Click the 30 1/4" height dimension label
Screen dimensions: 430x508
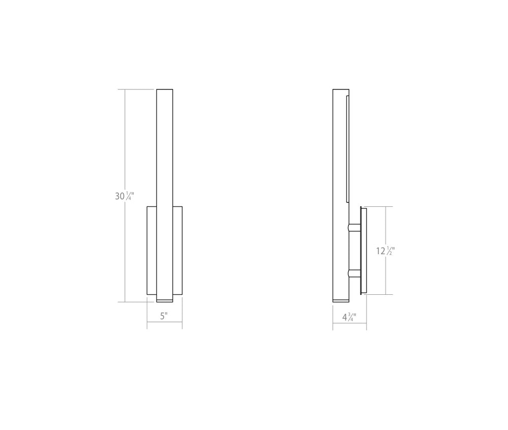[x=124, y=196]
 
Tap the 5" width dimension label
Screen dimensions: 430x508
[x=164, y=316]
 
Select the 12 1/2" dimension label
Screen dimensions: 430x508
[x=386, y=251]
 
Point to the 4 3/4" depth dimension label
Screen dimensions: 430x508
[x=349, y=318]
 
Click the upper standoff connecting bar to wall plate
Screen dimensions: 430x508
[x=354, y=228]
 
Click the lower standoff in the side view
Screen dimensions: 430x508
[x=354, y=274]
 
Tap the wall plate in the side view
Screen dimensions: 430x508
[x=363, y=250]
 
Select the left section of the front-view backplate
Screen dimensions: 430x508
[x=151, y=250]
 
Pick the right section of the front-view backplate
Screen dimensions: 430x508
[x=177, y=250]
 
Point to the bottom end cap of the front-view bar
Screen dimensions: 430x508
[x=165, y=299]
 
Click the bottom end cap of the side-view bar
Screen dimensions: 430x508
[x=340, y=299]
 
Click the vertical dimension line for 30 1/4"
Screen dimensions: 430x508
[x=125, y=142]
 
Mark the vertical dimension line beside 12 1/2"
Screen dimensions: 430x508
[x=386, y=224]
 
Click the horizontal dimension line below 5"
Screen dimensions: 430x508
[x=165, y=322]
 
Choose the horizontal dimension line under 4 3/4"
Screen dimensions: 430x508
[x=350, y=323]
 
